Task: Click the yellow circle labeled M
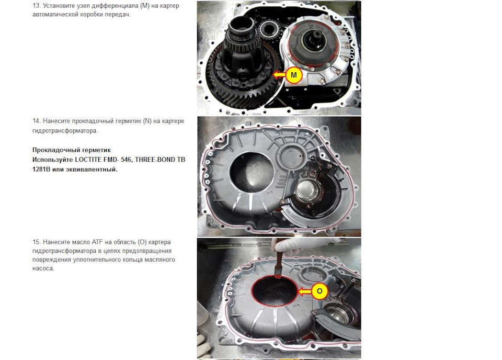(x=293, y=75)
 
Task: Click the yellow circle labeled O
(x=319, y=291)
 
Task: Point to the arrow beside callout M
(x=279, y=75)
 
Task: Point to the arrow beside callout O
(x=304, y=291)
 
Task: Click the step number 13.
(x=36, y=5)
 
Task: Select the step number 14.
(x=36, y=121)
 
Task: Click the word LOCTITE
(x=88, y=159)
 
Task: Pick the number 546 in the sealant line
(x=126, y=159)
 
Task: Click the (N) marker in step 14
(x=147, y=121)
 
